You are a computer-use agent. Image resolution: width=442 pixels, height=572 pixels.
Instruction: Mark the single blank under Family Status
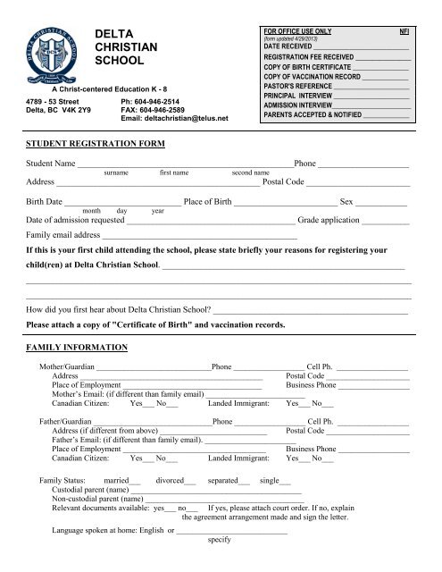click(286, 482)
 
